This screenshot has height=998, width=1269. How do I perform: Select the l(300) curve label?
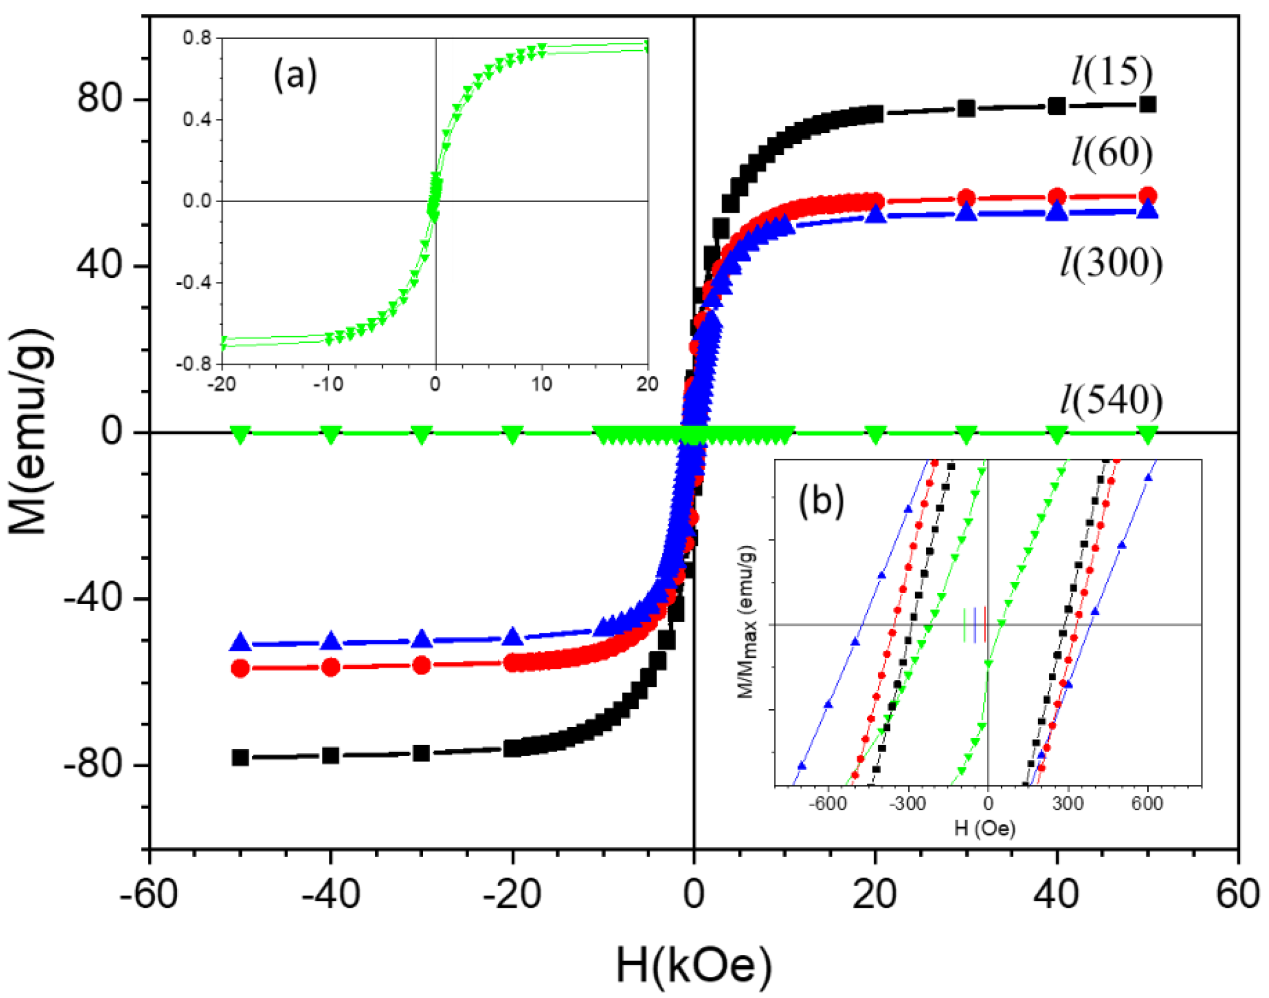(x=1111, y=263)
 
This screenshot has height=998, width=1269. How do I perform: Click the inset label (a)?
(x=295, y=75)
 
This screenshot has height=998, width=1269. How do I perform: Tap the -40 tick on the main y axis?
(x=93, y=599)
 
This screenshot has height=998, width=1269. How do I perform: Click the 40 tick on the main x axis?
(x=1056, y=894)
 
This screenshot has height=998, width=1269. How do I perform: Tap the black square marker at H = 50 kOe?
(x=1148, y=105)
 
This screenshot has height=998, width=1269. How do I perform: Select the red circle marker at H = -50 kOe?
(x=240, y=668)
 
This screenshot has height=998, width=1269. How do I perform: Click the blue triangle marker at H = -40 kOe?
(x=331, y=641)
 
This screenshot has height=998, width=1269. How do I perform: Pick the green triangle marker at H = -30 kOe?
(x=421, y=434)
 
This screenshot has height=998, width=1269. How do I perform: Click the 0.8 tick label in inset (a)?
(x=197, y=38)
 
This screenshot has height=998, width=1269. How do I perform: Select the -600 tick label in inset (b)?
(x=828, y=803)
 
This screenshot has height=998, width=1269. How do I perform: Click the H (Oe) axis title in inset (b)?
(x=985, y=828)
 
